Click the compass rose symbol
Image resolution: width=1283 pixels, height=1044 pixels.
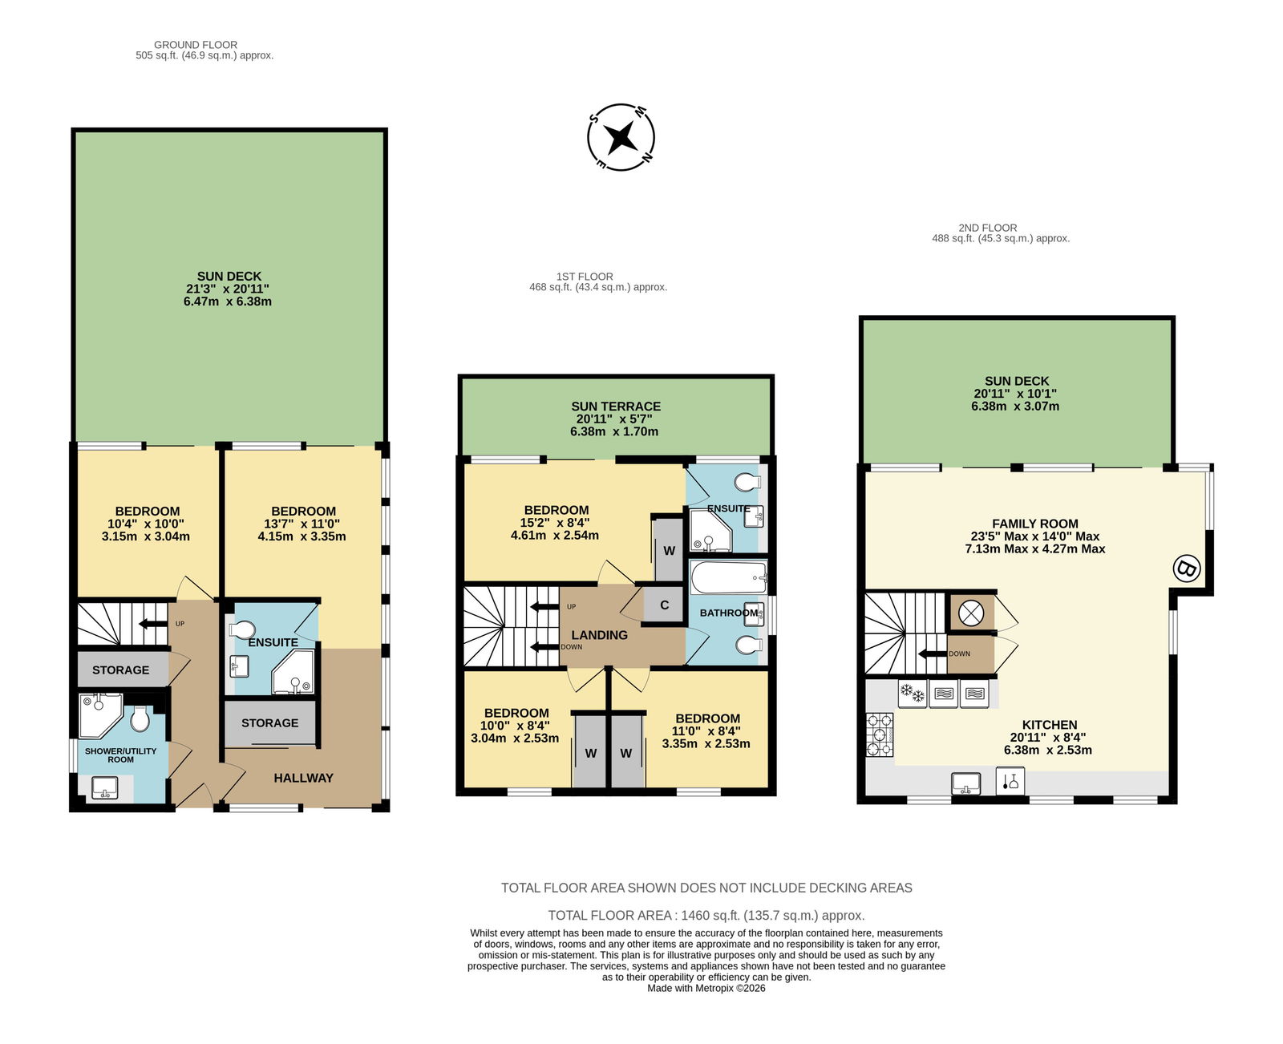[621, 137]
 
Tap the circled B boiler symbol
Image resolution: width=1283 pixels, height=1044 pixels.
[1186, 568]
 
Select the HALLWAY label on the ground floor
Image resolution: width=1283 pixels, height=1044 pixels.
[303, 778]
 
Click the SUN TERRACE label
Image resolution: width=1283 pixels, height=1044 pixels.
[616, 407]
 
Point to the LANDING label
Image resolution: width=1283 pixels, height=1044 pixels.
[599, 635]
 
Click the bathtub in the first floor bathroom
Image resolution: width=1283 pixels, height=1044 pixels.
[728, 577]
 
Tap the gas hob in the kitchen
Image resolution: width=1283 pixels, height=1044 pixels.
[880, 734]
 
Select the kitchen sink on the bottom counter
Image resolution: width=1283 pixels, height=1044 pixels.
[965, 783]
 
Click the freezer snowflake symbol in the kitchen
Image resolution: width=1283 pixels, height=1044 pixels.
[912, 694]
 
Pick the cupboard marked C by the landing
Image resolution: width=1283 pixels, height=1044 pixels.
[664, 605]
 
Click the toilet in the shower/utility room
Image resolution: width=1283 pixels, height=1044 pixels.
[140, 718]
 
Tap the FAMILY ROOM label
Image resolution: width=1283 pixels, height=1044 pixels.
[1035, 524]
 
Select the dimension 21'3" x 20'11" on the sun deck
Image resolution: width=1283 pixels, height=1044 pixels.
[228, 289]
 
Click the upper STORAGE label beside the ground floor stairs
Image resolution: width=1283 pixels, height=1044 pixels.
[120, 670]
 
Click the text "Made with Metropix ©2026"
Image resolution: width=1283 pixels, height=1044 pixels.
[706, 988]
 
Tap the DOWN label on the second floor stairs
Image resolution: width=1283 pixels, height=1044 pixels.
[959, 654]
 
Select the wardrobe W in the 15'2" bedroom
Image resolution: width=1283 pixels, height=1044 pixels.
[669, 550]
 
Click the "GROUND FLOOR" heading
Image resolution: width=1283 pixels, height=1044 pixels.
[195, 45]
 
